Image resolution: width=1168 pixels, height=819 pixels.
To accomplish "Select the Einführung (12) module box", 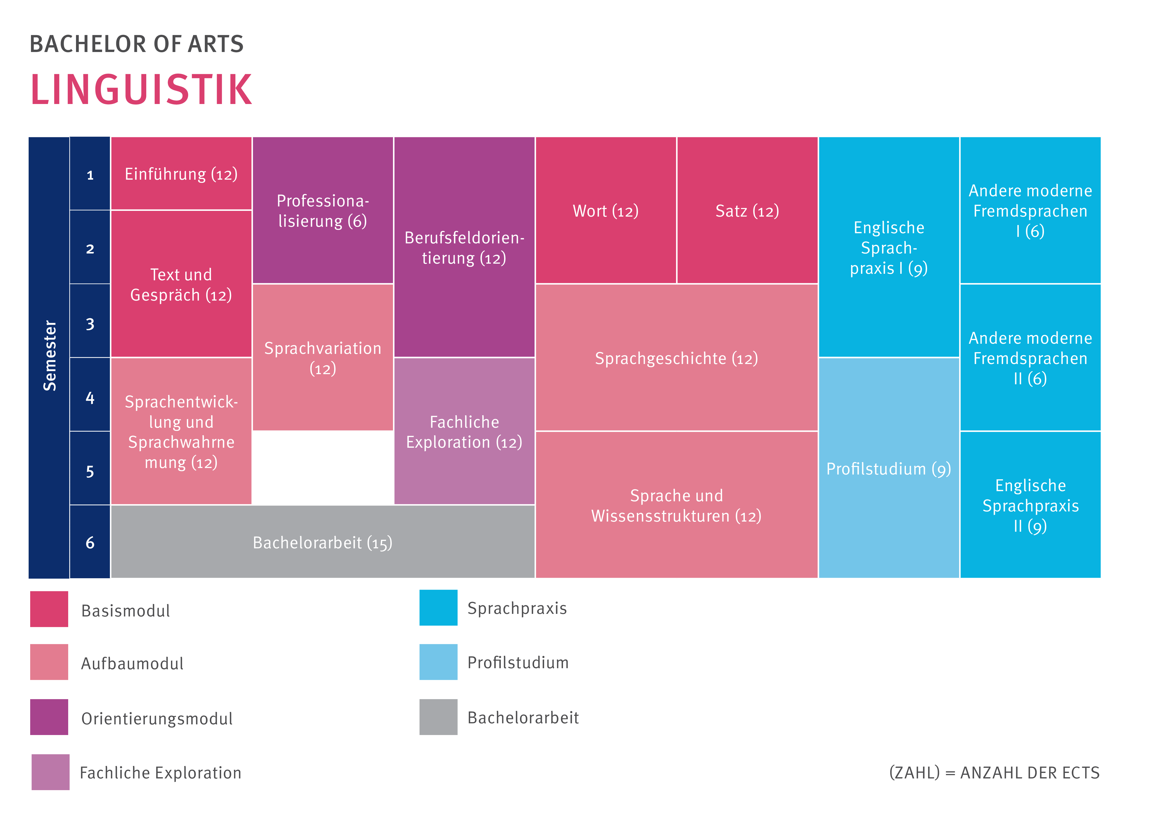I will pyautogui.click(x=181, y=174).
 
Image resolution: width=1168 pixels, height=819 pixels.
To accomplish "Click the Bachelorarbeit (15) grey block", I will pyautogui.click(x=322, y=542).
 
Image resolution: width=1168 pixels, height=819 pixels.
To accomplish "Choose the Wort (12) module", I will pyautogui.click(x=605, y=210).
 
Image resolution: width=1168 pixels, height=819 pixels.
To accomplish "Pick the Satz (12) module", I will pyautogui.click(x=747, y=210).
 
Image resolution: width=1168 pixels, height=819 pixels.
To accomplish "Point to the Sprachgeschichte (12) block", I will pyautogui.click(x=676, y=358).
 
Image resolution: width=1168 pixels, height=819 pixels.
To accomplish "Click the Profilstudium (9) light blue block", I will pyautogui.click(x=888, y=468).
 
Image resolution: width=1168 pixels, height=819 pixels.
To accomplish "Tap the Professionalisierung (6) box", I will pyautogui.click(x=322, y=210).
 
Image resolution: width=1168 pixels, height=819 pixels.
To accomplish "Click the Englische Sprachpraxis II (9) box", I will pyautogui.click(x=1030, y=505).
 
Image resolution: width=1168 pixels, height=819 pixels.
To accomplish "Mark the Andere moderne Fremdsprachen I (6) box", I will pyautogui.click(x=1030, y=210).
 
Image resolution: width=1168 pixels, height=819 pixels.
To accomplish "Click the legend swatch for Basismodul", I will pyautogui.click(x=49, y=609).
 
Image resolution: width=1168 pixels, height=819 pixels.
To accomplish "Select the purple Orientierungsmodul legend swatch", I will pyautogui.click(x=49, y=717).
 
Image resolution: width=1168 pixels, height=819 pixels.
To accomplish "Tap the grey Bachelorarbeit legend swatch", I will pyautogui.click(x=438, y=717).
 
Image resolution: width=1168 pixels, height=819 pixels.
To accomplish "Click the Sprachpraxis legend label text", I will pyautogui.click(x=517, y=608).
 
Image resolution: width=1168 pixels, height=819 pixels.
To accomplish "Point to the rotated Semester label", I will pyautogui.click(x=49, y=356).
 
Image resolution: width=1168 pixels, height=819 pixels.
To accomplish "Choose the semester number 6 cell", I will pyautogui.click(x=90, y=542).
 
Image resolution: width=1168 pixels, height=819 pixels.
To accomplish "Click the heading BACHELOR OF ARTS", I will pyautogui.click(x=136, y=44).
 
